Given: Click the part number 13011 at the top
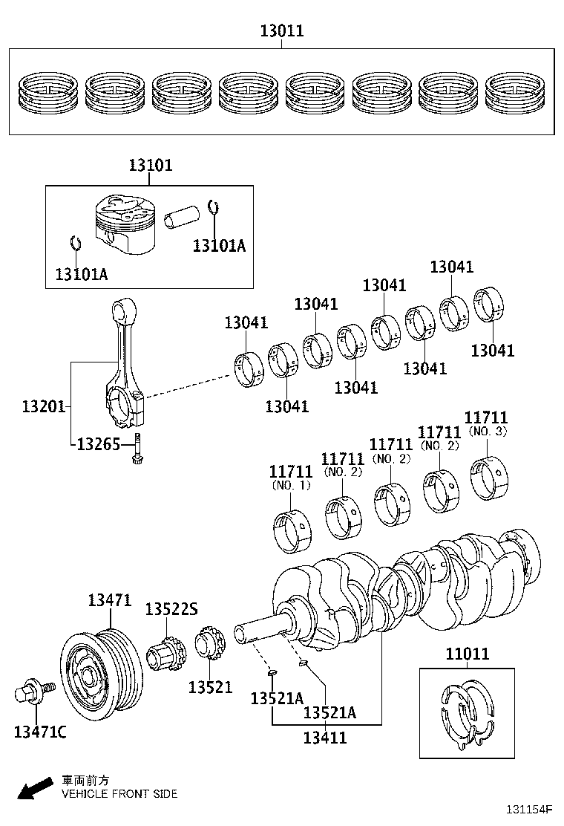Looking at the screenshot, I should coord(281,31).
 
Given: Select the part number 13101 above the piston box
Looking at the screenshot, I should coord(150,165).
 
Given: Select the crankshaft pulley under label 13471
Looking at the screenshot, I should coord(99,672).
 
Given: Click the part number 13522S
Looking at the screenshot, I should coord(171,609).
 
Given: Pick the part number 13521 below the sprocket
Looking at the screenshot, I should coord(210,688).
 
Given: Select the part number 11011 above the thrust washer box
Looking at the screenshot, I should coord(467,654).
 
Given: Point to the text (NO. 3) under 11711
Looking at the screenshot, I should coord(488,431).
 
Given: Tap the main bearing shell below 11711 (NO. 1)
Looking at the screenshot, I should coord(293,533).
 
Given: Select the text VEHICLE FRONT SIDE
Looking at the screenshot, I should coord(119,794).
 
